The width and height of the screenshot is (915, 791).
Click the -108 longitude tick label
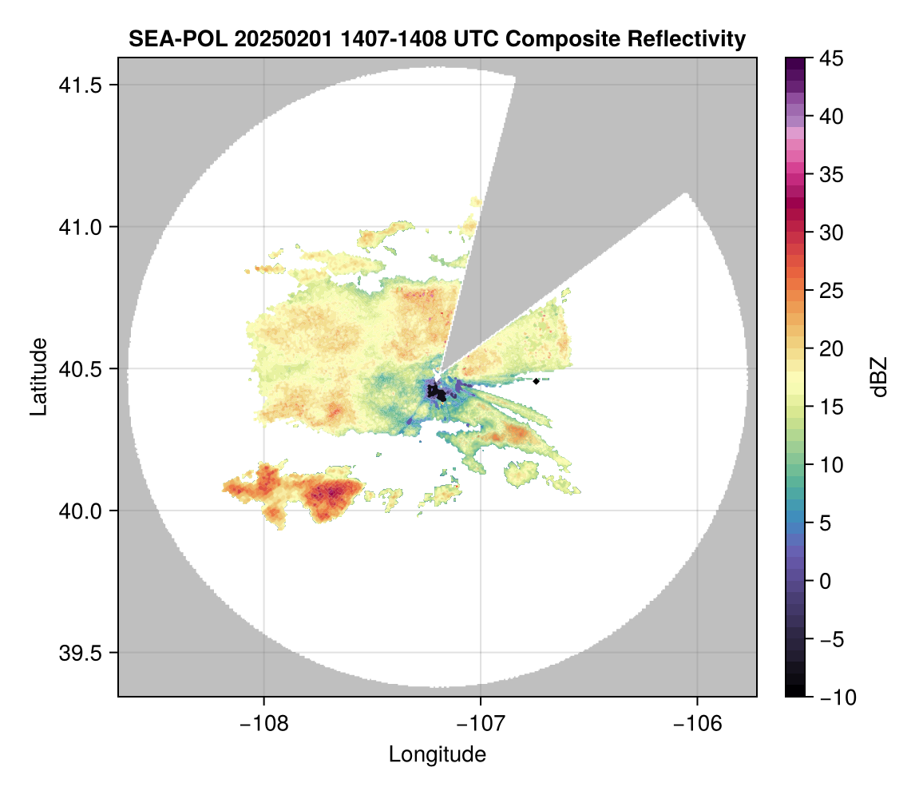[x=263, y=723]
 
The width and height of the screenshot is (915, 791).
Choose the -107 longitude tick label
[x=481, y=723]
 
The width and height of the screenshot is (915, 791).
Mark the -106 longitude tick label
[x=698, y=723]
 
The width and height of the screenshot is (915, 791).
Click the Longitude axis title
[x=438, y=754]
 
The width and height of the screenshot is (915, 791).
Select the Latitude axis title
[x=38, y=376]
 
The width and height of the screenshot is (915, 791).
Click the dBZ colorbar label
[x=879, y=377]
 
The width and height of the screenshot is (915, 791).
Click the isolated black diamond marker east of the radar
[x=537, y=381]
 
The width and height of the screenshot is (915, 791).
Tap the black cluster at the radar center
[x=437, y=392]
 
